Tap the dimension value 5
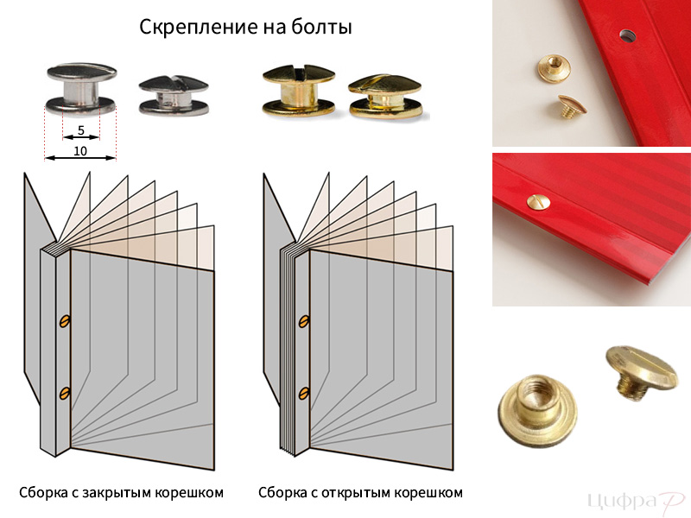pyautogui.click(x=80, y=130)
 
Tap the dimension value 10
pyautogui.click(x=80, y=149)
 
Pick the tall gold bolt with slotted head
pyautogui.click(x=301, y=90)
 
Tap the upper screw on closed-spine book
pyautogui.click(x=64, y=321)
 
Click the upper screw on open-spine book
pyautogui.click(x=302, y=321)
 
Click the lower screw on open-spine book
pyautogui.click(x=303, y=394)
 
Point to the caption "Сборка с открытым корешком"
pyautogui.click(x=360, y=493)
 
